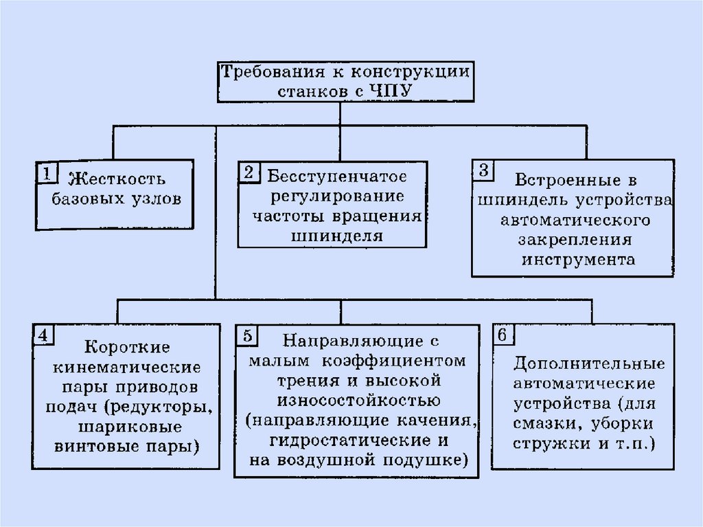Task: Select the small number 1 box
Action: [x=46, y=173]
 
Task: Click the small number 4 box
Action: [x=42, y=335]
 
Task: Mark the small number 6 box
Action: [x=503, y=335]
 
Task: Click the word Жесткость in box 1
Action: [x=117, y=181]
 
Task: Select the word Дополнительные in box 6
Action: [x=588, y=363]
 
